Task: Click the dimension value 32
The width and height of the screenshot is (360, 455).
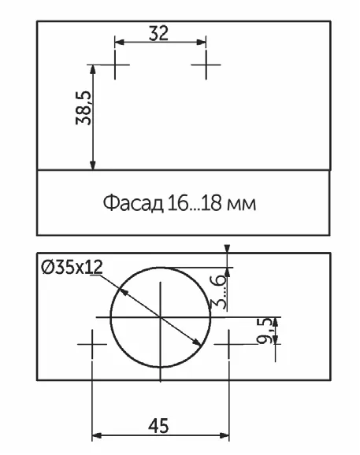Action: pyautogui.click(x=158, y=33)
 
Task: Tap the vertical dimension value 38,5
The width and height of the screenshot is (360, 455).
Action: pyautogui.click(x=83, y=108)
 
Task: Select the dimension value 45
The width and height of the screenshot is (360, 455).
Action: pyautogui.click(x=158, y=426)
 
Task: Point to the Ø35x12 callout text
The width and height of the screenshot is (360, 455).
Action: pyautogui.click(x=72, y=267)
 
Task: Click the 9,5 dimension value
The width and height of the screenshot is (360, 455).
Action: pyautogui.click(x=265, y=331)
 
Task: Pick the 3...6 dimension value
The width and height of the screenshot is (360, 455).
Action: pyautogui.click(x=217, y=291)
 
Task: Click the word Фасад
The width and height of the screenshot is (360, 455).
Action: pyautogui.click(x=133, y=203)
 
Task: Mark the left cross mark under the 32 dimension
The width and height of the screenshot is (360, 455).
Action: pyautogui.click(x=115, y=65)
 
